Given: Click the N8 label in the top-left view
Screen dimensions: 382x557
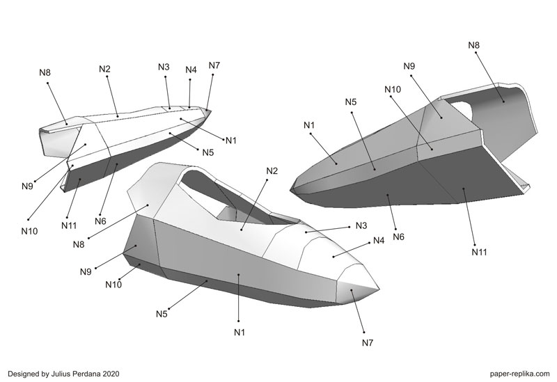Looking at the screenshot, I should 45,72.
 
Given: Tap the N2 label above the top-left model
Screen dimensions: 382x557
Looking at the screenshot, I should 104,69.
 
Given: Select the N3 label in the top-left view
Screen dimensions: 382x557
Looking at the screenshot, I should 164,67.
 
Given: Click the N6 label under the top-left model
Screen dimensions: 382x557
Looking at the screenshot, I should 101,221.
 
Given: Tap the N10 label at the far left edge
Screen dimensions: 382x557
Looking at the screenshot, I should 30,230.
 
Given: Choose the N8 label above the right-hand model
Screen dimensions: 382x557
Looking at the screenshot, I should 473,45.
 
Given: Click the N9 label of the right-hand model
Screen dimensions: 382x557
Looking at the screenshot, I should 409,66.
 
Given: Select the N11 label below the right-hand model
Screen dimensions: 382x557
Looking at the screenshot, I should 478,251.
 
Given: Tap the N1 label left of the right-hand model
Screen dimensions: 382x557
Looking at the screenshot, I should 309,125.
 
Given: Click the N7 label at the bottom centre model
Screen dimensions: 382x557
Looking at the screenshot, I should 368,342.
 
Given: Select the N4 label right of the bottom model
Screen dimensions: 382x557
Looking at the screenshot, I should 379,241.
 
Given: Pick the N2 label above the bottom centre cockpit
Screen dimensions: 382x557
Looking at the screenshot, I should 272,171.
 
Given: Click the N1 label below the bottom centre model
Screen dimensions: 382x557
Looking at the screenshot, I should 240,331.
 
